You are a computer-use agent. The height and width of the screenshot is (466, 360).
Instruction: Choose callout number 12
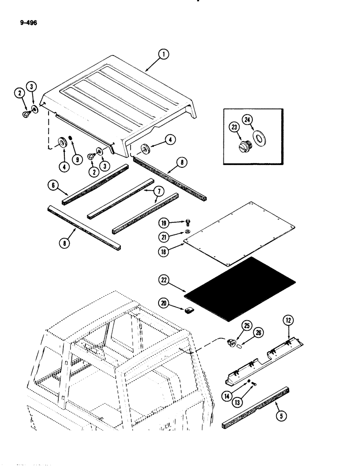coord(287,320)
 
